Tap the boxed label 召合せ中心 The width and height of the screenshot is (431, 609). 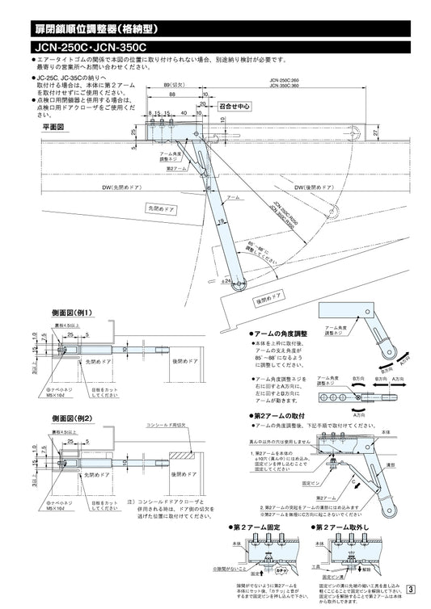235,106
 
